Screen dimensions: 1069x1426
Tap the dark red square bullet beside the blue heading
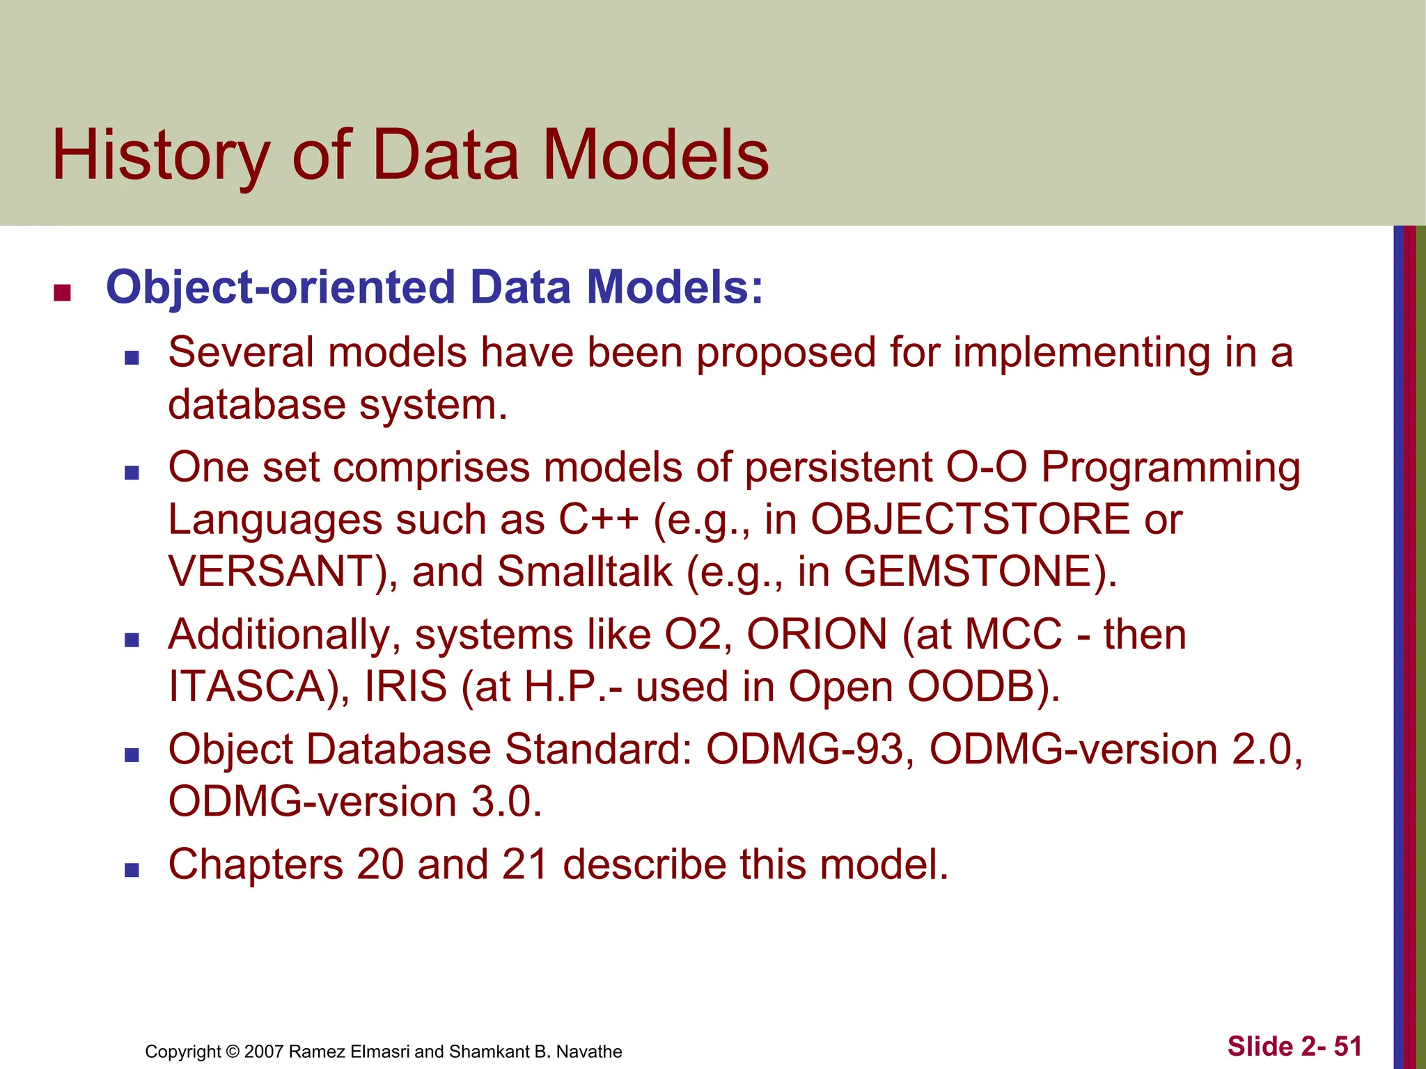[x=63, y=293]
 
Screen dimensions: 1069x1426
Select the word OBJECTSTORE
[x=970, y=519]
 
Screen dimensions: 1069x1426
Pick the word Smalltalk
[x=585, y=571]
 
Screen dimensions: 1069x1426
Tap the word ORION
[x=817, y=635]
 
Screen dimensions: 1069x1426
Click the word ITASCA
[x=248, y=686]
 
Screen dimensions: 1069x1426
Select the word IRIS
[x=405, y=686]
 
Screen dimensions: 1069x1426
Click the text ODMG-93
[x=804, y=750]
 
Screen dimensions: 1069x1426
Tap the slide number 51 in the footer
[x=1347, y=1047]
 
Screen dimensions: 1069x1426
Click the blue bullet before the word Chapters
[x=132, y=870]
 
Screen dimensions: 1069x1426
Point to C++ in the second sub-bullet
[x=598, y=519]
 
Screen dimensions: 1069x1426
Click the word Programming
[x=1170, y=467]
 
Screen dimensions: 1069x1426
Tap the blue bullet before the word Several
[x=132, y=358]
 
